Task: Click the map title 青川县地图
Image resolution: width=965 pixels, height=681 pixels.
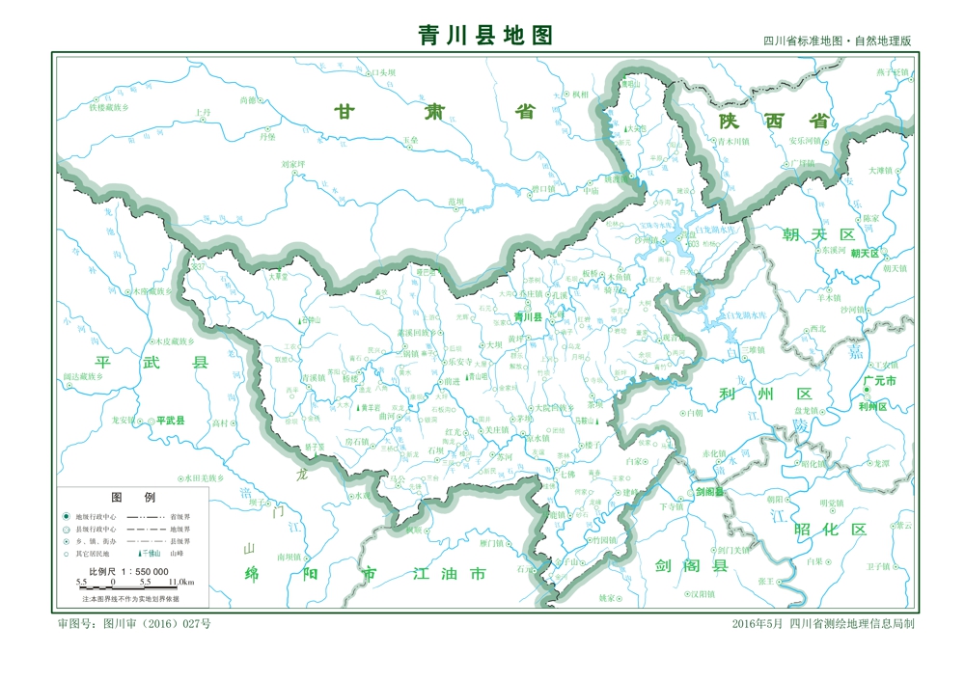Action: pyautogui.click(x=485, y=36)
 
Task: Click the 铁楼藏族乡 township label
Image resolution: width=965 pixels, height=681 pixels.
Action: pyautogui.click(x=123, y=108)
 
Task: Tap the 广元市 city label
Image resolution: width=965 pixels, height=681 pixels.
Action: pyautogui.click(x=880, y=382)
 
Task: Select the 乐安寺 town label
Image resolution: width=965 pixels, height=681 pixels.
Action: pyautogui.click(x=460, y=362)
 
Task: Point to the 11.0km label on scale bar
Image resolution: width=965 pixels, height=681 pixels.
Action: pyautogui.click(x=181, y=583)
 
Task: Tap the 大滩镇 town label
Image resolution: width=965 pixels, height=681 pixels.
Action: pyautogui.click(x=881, y=171)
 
